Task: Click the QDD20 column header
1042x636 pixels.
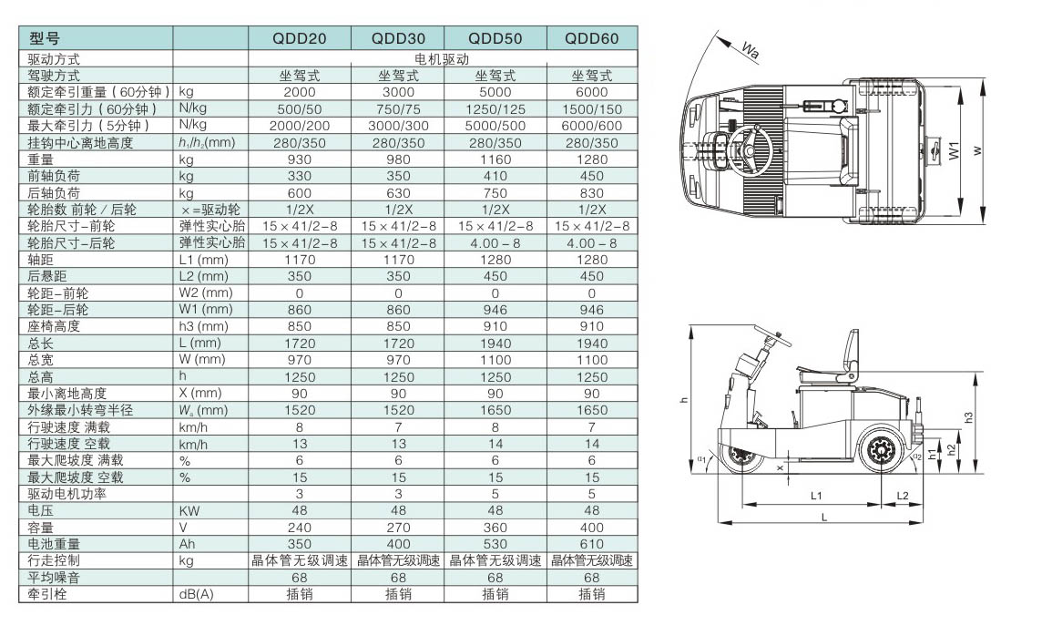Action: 300,38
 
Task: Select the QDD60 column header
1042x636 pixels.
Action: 592,38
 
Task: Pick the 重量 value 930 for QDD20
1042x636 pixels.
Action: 300,159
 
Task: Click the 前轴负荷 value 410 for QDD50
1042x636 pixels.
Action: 495,176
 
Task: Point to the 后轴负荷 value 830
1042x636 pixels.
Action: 592,193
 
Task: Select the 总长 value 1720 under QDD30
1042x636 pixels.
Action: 398,344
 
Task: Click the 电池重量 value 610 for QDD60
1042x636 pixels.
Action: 592,544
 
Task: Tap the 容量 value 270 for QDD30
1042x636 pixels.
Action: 398,528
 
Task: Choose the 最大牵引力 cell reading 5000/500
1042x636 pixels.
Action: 495,126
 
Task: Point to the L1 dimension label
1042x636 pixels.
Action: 816,495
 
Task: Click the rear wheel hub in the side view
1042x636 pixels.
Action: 882,449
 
